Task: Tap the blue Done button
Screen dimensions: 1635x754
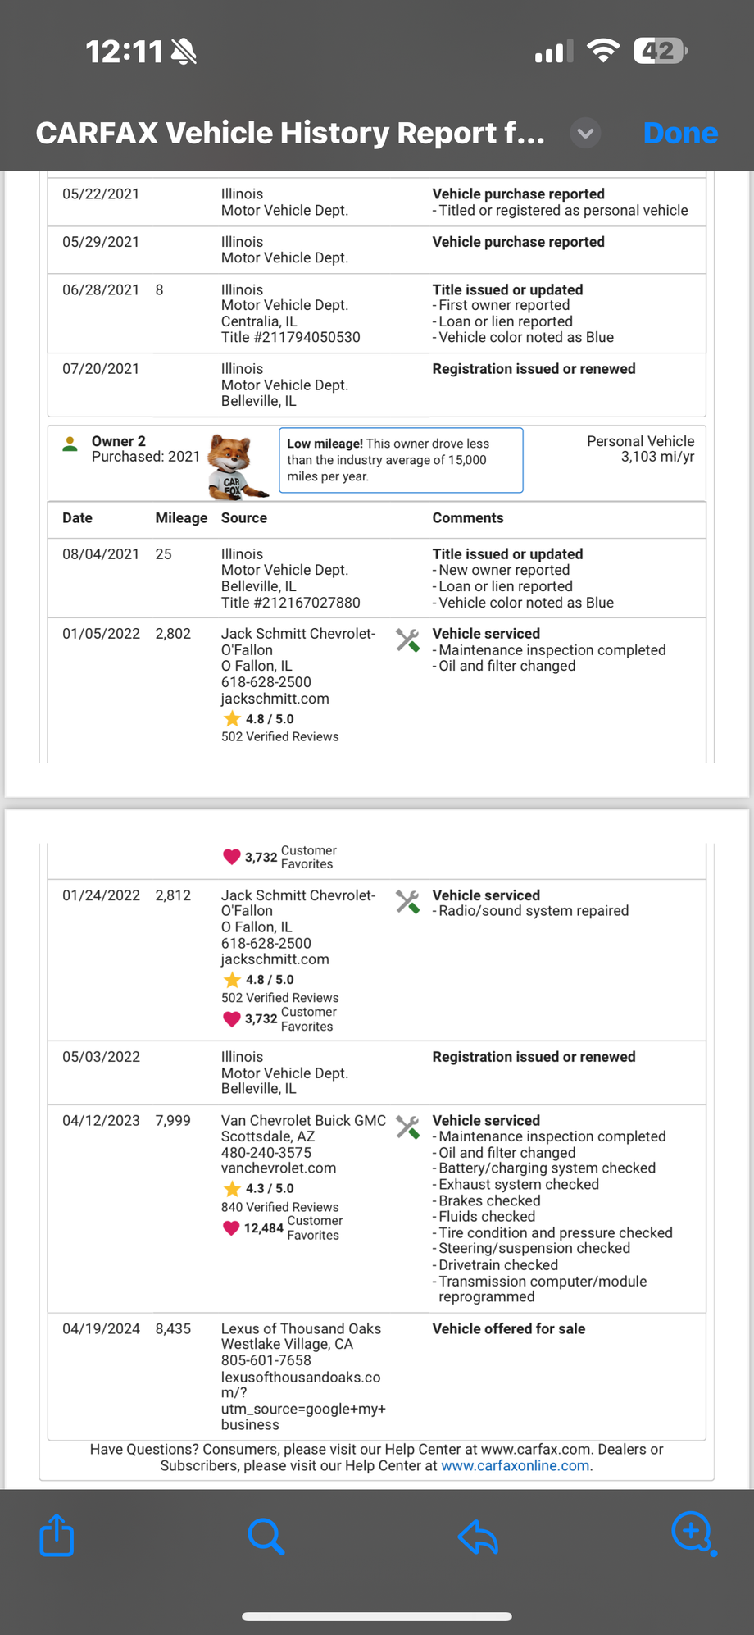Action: pyautogui.click(x=680, y=133)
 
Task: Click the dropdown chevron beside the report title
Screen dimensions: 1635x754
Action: pyautogui.click(x=585, y=133)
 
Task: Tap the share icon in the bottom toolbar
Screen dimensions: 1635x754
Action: pyautogui.click(x=57, y=1534)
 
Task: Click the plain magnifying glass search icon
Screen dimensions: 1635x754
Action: pyautogui.click(x=266, y=1536)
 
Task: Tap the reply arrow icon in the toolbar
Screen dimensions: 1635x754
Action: pyautogui.click(x=479, y=1536)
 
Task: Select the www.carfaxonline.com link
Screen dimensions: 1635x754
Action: pyautogui.click(x=516, y=1465)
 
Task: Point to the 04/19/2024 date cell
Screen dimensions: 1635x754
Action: pyautogui.click(x=101, y=1328)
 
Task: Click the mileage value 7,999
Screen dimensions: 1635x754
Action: pyautogui.click(x=173, y=1120)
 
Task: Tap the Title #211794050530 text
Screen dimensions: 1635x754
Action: pyautogui.click(x=290, y=337)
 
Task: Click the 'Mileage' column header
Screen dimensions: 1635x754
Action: pyautogui.click(x=181, y=518)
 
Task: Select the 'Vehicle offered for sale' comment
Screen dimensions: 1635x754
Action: pyautogui.click(x=508, y=1328)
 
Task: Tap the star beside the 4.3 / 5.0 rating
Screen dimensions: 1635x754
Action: pyautogui.click(x=232, y=1188)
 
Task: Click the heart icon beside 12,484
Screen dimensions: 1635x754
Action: pyautogui.click(x=231, y=1227)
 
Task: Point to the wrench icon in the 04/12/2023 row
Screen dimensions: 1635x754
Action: pyautogui.click(x=407, y=1127)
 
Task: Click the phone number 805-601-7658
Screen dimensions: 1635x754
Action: pyautogui.click(x=266, y=1360)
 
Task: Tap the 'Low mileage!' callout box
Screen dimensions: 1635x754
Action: pyautogui.click(x=401, y=460)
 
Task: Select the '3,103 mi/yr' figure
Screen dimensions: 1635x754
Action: pyautogui.click(x=657, y=457)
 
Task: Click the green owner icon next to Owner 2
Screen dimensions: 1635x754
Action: pyautogui.click(x=70, y=444)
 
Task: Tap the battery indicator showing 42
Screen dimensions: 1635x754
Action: pyautogui.click(x=659, y=52)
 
